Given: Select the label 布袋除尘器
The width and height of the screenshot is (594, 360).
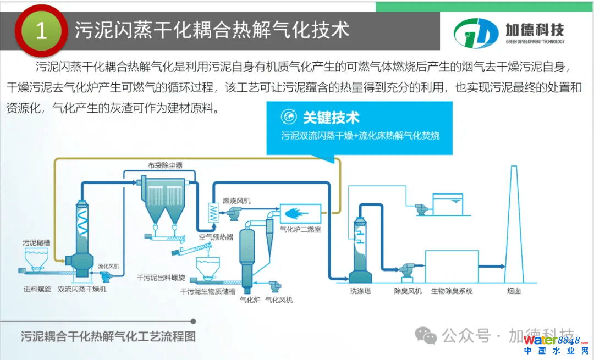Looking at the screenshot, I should (x=165, y=165).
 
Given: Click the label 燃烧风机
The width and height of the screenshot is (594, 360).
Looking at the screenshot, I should (x=237, y=201).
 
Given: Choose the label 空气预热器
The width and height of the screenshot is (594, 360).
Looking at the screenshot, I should (x=216, y=237).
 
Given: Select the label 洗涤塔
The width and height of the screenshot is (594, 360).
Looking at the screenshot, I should (x=360, y=291).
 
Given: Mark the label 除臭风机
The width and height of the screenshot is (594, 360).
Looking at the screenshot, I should (x=408, y=291).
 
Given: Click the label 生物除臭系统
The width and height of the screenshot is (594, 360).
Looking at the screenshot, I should (x=452, y=291).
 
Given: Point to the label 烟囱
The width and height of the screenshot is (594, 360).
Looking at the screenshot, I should (x=514, y=291).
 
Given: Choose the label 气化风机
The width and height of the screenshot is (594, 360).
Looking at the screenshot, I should (x=279, y=300).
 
